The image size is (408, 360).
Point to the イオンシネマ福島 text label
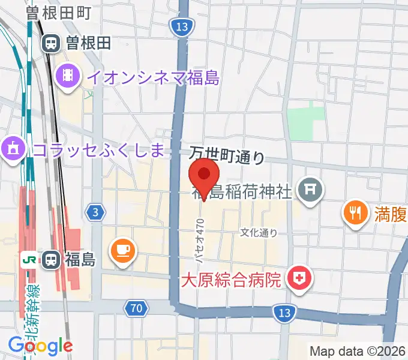pyautogui.click(x=152, y=76)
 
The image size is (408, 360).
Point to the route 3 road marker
pyautogui.click(x=95, y=211)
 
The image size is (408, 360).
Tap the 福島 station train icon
pyautogui.click(x=52, y=260)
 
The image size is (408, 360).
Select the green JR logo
pyautogui.click(x=28, y=260)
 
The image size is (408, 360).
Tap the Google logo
pyautogui.click(x=40, y=346)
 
